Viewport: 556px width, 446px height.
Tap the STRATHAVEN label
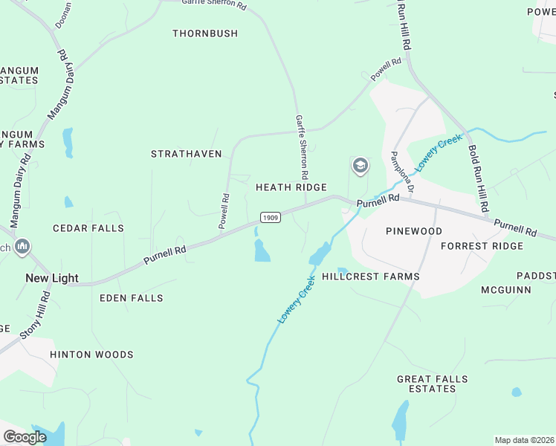(x=187, y=154)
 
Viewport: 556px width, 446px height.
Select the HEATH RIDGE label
(x=291, y=187)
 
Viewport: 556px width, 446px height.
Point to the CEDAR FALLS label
(x=88, y=228)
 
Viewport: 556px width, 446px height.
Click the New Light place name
(x=52, y=278)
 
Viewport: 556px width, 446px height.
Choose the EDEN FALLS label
(x=131, y=298)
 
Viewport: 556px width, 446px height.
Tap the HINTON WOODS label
(x=91, y=355)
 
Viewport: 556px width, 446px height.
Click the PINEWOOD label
(x=414, y=231)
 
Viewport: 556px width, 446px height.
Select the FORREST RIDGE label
(x=482, y=246)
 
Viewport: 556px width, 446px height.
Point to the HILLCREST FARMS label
(x=371, y=277)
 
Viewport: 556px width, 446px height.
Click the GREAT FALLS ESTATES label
(x=432, y=384)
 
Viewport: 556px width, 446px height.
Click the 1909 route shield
(x=270, y=217)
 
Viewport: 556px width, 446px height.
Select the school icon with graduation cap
(x=361, y=165)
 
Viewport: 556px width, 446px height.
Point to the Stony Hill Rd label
(x=36, y=315)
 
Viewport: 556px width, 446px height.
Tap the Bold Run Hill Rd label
(x=476, y=178)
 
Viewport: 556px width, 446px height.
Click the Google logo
(x=25, y=436)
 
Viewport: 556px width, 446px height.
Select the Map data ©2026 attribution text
(x=524, y=440)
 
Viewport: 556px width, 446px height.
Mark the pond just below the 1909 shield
(x=262, y=251)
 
